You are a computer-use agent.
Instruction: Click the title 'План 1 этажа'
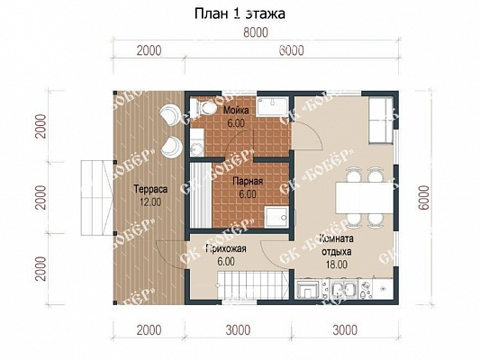(240, 14)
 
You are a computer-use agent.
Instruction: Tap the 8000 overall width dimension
(256, 32)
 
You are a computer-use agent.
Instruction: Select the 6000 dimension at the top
(292, 50)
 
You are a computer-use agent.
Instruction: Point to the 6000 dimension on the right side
(424, 198)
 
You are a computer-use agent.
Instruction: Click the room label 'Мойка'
(236, 110)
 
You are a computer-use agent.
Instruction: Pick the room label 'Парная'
(248, 182)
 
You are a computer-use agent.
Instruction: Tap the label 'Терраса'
(150, 189)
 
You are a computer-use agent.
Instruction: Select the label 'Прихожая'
(226, 248)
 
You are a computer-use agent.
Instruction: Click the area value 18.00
(337, 265)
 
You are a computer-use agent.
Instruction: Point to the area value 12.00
(150, 202)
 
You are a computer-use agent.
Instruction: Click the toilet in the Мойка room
(203, 108)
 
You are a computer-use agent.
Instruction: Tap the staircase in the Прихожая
(253, 284)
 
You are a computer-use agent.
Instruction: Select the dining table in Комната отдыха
(365, 198)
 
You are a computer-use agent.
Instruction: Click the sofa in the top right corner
(381, 121)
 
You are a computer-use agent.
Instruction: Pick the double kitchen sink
(344, 289)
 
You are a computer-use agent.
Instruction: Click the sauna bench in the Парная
(201, 194)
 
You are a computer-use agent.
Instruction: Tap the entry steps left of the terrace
(97, 198)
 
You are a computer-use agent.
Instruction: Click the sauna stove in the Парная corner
(276, 217)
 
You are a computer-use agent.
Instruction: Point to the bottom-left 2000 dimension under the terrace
(149, 330)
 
